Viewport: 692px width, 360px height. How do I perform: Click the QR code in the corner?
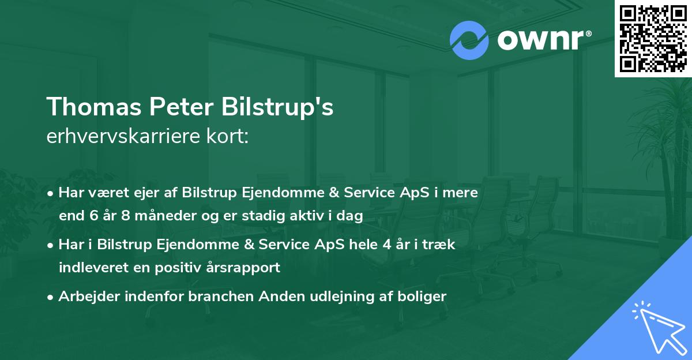click(x=653, y=38)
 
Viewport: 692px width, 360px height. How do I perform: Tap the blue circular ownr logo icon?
click(x=469, y=40)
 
